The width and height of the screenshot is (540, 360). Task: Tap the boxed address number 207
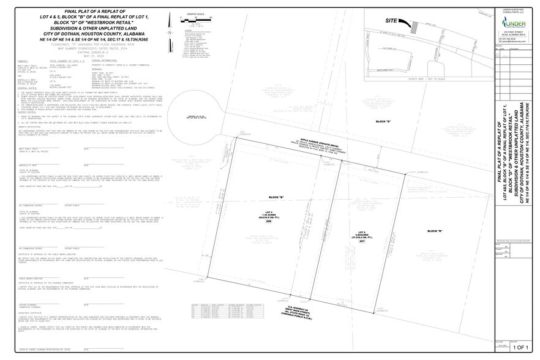click(x=362, y=242)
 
